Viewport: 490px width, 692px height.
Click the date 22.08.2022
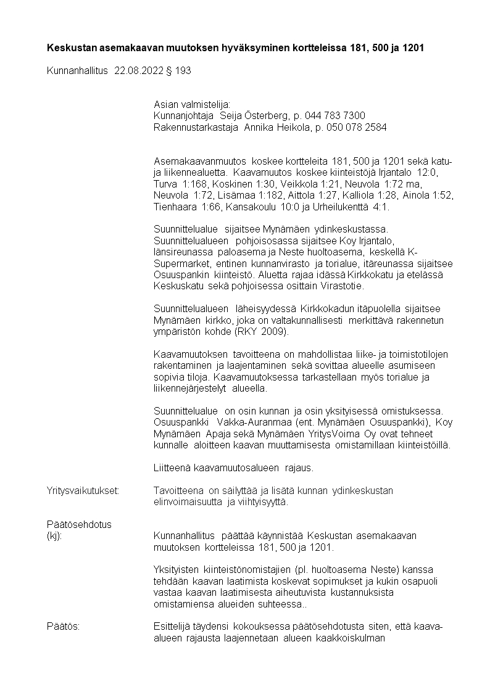(x=139, y=71)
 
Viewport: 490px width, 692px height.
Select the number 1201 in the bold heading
(x=412, y=47)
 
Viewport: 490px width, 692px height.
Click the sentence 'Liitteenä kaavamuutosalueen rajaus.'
(x=233, y=468)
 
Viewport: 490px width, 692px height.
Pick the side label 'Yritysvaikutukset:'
(x=83, y=490)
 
